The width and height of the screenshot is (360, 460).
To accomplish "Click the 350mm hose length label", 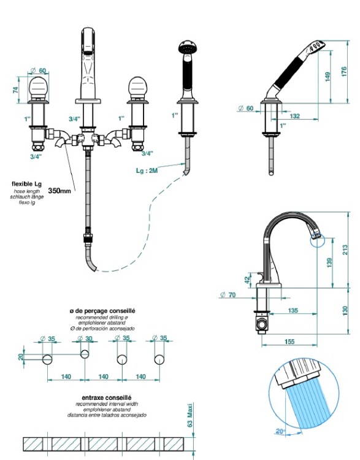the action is click(x=59, y=191).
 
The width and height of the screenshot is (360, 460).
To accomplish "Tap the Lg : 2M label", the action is click(x=147, y=171).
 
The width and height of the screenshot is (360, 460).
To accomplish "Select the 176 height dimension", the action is click(x=344, y=72).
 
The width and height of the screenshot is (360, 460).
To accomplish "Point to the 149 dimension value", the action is click(x=327, y=77).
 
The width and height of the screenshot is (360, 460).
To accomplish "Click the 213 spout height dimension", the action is click(x=345, y=250).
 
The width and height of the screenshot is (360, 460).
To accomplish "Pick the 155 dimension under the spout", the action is click(x=289, y=341).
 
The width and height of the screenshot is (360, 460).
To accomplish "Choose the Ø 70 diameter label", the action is click(x=228, y=295).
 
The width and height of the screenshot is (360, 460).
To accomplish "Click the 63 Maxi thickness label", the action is click(x=190, y=415).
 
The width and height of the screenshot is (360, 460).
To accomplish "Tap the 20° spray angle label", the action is click(x=280, y=431).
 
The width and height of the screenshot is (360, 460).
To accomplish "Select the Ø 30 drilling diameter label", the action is click(x=85, y=339).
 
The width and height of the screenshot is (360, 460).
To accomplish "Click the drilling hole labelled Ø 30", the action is click(x=85, y=354).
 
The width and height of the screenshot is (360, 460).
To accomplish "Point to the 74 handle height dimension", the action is click(x=15, y=90).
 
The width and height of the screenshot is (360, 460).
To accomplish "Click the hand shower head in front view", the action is click(x=188, y=47).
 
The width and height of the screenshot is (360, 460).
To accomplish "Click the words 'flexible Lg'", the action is click(x=27, y=184).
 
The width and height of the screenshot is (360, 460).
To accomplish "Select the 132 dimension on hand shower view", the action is click(x=294, y=116).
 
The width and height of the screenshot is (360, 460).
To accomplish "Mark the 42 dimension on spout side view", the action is click(x=248, y=279).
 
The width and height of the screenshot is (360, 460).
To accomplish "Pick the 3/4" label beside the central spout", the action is click(x=75, y=119).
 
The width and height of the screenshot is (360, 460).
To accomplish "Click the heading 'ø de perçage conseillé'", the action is click(x=102, y=311).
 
